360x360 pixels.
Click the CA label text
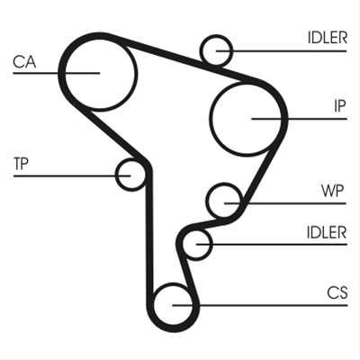pos(24,62)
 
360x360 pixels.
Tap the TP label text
pos(21,164)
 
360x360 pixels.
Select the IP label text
pos(340,106)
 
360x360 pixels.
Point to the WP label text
pos(332,191)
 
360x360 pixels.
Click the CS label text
pos(337,292)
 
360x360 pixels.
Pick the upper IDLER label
pos(328,38)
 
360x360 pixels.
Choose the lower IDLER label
pos(327,232)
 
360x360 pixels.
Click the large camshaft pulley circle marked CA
pos(138,74)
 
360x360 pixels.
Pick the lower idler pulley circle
pos(211,244)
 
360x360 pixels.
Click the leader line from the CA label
pos(56,73)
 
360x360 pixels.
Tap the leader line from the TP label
pos(72,175)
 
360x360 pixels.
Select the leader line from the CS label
pos(260,305)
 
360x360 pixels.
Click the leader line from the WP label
pos(285,203)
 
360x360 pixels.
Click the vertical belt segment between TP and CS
pos(149,234)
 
